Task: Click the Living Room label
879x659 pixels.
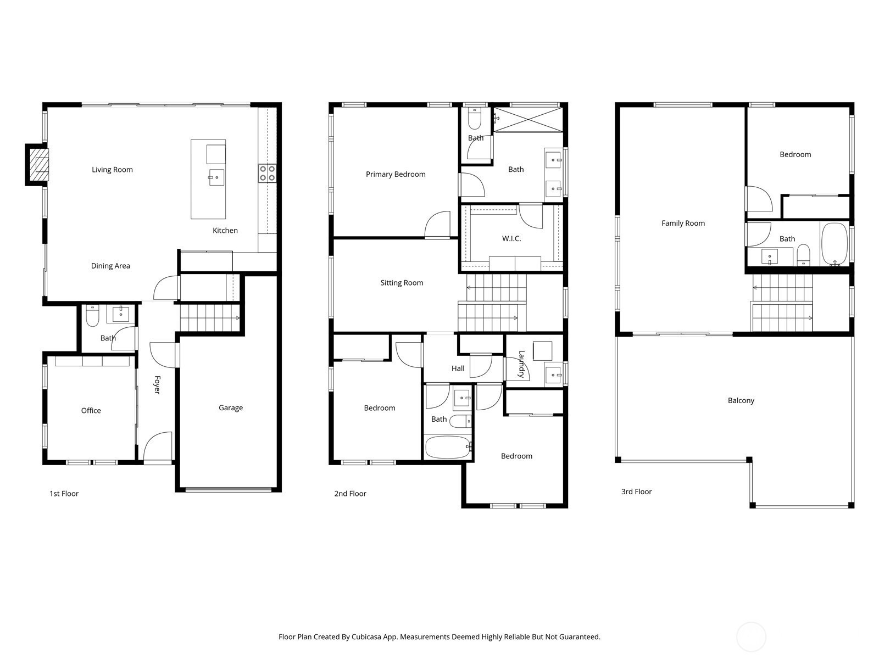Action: pyautogui.click(x=112, y=170)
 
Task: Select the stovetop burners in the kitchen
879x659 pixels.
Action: pyautogui.click(x=267, y=174)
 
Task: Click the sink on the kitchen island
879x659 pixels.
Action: pyautogui.click(x=216, y=177)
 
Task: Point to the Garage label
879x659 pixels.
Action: pyautogui.click(x=231, y=407)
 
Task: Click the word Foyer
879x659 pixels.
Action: pyautogui.click(x=157, y=384)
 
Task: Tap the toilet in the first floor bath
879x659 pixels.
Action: pyautogui.click(x=92, y=316)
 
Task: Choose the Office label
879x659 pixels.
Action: pyautogui.click(x=91, y=411)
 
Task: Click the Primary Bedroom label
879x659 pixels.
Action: pyautogui.click(x=396, y=175)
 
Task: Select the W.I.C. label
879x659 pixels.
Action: pyautogui.click(x=511, y=239)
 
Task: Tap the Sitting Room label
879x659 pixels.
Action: pyautogui.click(x=402, y=283)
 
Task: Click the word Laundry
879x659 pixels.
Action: pyautogui.click(x=521, y=364)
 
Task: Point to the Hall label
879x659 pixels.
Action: pyautogui.click(x=458, y=368)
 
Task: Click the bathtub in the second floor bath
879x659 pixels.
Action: pyautogui.click(x=448, y=447)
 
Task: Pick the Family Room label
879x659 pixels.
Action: pyautogui.click(x=683, y=224)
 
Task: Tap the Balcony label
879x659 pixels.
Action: pyautogui.click(x=741, y=400)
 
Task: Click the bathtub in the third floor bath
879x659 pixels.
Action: pyautogui.click(x=835, y=244)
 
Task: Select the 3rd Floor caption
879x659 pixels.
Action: pyautogui.click(x=636, y=492)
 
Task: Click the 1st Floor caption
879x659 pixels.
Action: pyautogui.click(x=64, y=494)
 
